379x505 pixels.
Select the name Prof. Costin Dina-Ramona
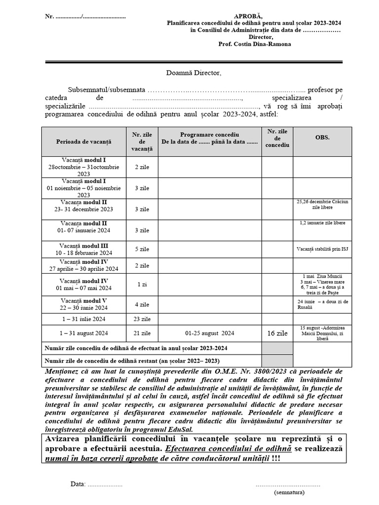point(254,44)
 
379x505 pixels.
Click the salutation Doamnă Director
point(193,73)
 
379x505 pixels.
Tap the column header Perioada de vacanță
point(83,142)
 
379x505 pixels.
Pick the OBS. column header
point(322,137)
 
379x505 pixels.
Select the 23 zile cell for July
point(142,319)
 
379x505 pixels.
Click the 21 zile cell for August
point(142,333)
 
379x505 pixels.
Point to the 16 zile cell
point(277,333)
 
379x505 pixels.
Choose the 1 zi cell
point(142,285)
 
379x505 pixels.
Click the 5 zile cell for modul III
point(142,249)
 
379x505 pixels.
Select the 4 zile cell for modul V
point(142,304)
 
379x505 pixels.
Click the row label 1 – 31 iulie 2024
point(83,319)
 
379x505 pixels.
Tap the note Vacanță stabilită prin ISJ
point(322,249)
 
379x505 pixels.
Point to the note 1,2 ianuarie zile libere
point(322,223)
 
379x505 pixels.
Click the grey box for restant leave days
point(277,361)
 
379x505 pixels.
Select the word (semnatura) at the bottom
point(289,492)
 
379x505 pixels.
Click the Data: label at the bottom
point(78,484)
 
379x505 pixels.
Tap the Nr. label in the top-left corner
point(49,16)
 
